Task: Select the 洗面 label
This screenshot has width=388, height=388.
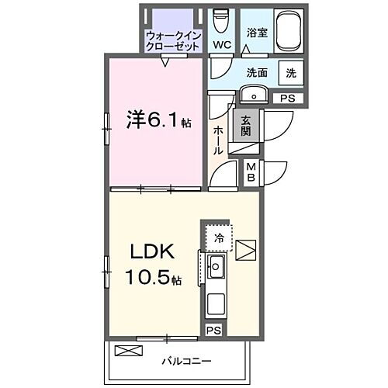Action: [x=258, y=73]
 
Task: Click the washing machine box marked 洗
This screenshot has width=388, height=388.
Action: [x=290, y=73]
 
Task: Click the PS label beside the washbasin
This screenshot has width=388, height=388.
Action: [x=287, y=98]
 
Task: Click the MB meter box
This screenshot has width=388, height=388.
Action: [x=251, y=172]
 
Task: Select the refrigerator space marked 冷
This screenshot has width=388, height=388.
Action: [x=219, y=238]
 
